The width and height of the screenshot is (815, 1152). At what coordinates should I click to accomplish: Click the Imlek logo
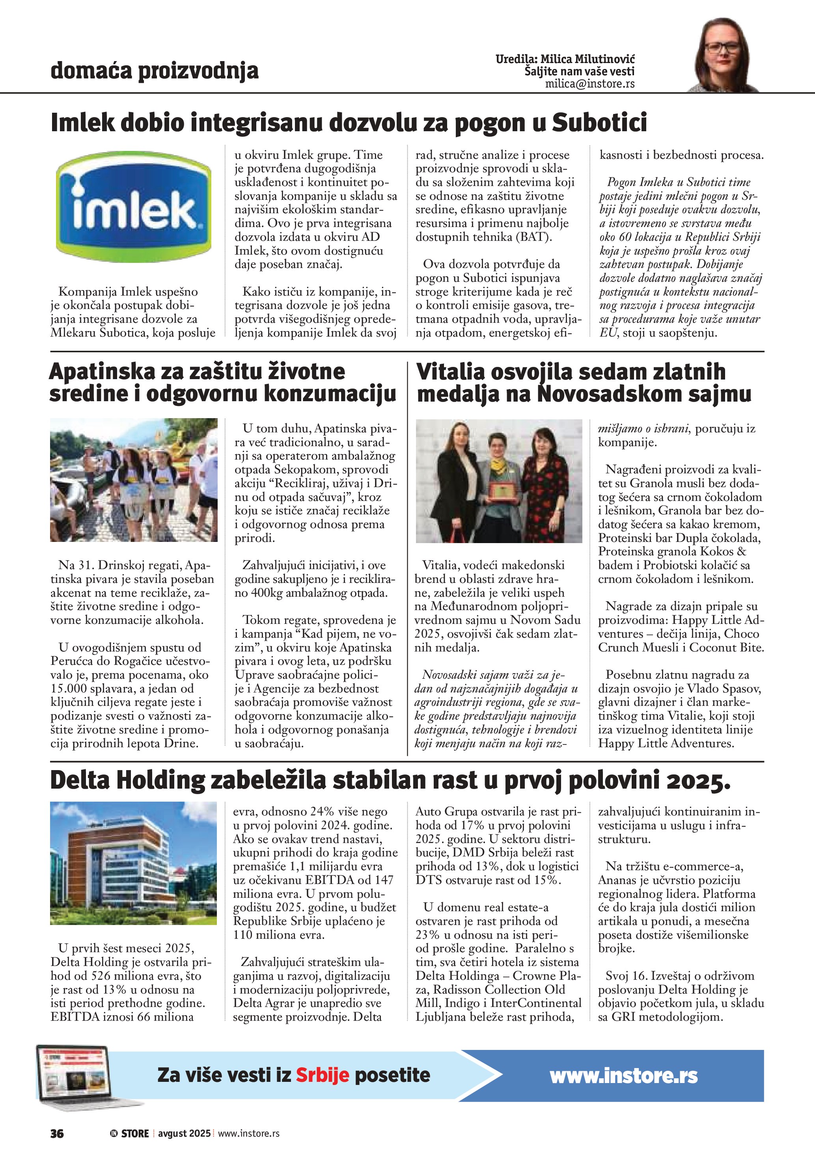click(x=134, y=207)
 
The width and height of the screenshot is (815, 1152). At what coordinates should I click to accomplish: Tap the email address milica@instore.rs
click(x=590, y=84)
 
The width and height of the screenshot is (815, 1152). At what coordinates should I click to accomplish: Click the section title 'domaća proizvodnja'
click(x=154, y=71)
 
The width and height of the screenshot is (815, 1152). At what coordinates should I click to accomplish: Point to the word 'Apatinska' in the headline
click(x=103, y=372)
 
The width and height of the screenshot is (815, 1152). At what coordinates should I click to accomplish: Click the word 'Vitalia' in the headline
click(x=450, y=372)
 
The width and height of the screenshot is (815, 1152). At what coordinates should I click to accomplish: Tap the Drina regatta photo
click(x=134, y=480)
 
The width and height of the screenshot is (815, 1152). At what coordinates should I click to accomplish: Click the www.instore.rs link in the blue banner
click(x=623, y=1076)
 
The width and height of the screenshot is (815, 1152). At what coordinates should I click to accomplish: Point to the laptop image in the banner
click(x=75, y=1073)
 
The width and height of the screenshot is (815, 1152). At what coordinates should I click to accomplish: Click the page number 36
click(x=57, y=1133)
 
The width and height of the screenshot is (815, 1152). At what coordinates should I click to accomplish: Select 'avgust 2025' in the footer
click(x=184, y=1133)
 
